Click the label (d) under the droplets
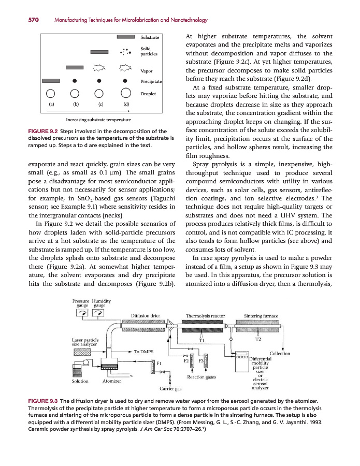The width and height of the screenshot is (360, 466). point(126,104)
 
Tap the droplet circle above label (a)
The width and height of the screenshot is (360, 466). point(51,94)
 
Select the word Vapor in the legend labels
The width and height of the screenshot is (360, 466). point(147,70)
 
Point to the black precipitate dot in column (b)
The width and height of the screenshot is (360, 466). point(75,81)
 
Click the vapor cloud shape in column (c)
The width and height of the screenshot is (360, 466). point(99,67)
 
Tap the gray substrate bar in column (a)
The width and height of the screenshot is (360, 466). point(51,81)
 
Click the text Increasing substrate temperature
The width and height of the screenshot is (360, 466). point(96,119)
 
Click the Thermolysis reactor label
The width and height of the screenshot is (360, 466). point(205,315)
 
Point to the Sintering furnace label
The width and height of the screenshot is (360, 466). point(261,315)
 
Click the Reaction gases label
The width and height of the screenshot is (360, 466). point(201,377)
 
